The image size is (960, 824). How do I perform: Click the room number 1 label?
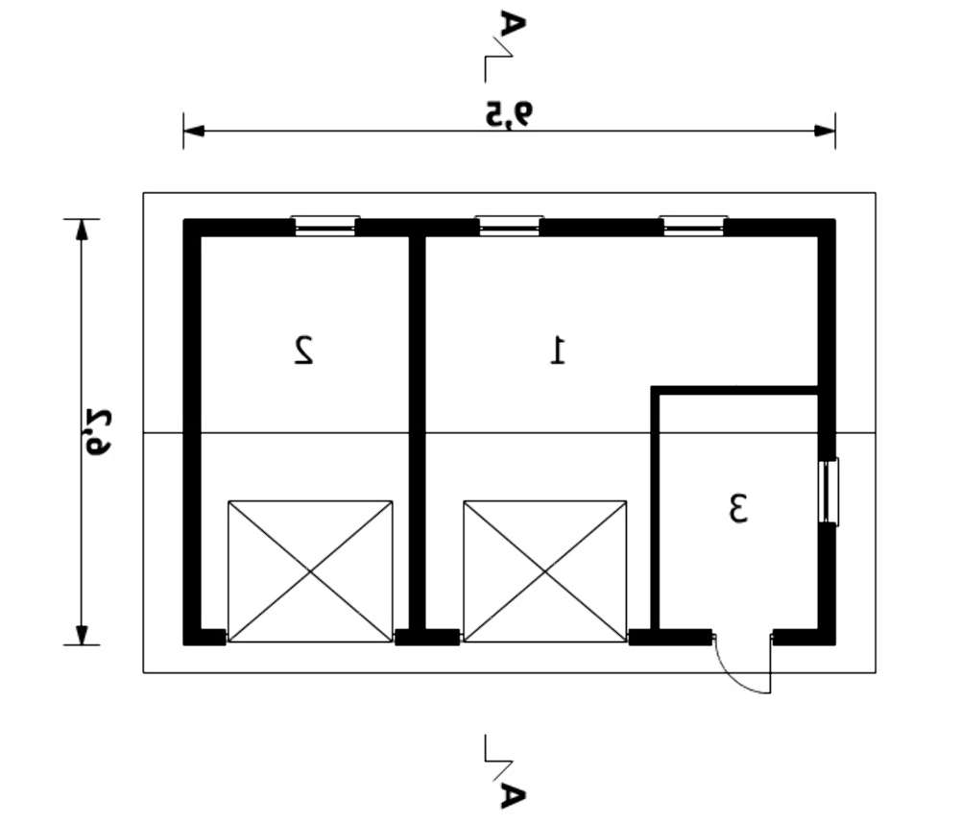click(559, 350)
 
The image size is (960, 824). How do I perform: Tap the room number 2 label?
click(303, 350)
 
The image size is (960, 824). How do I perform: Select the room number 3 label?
click(738, 508)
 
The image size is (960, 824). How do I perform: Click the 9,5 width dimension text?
click(510, 114)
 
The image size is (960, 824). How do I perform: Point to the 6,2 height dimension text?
click(97, 431)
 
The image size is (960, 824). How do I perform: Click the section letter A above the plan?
click(513, 25)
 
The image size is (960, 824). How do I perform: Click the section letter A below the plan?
click(513, 794)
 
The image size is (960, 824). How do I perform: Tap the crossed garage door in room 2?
click(310, 571)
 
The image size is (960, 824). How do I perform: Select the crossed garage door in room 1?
click(545, 571)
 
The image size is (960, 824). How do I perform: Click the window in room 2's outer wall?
click(325, 226)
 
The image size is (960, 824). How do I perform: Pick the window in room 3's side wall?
click(829, 492)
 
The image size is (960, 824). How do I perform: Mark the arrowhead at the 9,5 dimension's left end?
click(194, 132)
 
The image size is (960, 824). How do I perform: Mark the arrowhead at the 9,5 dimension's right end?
click(825, 132)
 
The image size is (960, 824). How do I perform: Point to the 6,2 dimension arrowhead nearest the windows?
click(82, 230)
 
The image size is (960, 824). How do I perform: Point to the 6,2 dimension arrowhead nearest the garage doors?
click(82, 635)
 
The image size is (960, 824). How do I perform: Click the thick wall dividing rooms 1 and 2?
click(418, 432)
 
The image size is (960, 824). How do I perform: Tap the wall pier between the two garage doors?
click(427, 637)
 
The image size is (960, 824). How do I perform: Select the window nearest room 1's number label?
click(510, 226)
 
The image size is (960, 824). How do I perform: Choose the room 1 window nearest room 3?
click(694, 226)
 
